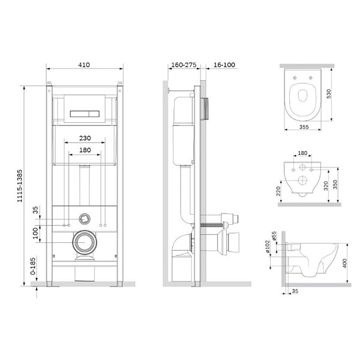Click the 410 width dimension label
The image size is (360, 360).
pos(84,65)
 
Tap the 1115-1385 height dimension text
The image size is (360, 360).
pos(20,186)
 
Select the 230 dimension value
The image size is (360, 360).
pos(85,138)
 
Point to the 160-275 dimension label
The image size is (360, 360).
pos(184,65)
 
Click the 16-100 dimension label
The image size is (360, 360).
pos(224,65)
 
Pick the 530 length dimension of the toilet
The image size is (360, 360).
pos(329,94)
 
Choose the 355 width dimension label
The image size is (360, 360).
pos(304,127)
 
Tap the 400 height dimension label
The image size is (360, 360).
pos(344,263)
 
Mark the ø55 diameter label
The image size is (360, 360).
pos(274,236)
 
